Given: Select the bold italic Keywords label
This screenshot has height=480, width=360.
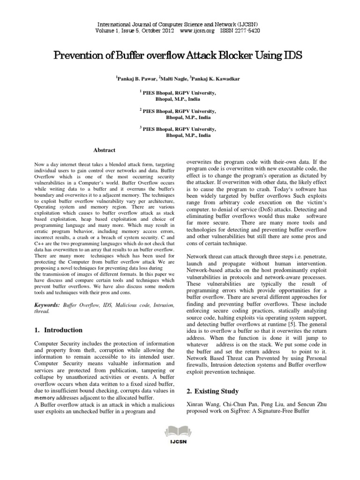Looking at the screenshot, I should click(x=47, y=305).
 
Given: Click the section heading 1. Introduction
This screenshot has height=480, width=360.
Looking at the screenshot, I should click(x=59, y=330).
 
